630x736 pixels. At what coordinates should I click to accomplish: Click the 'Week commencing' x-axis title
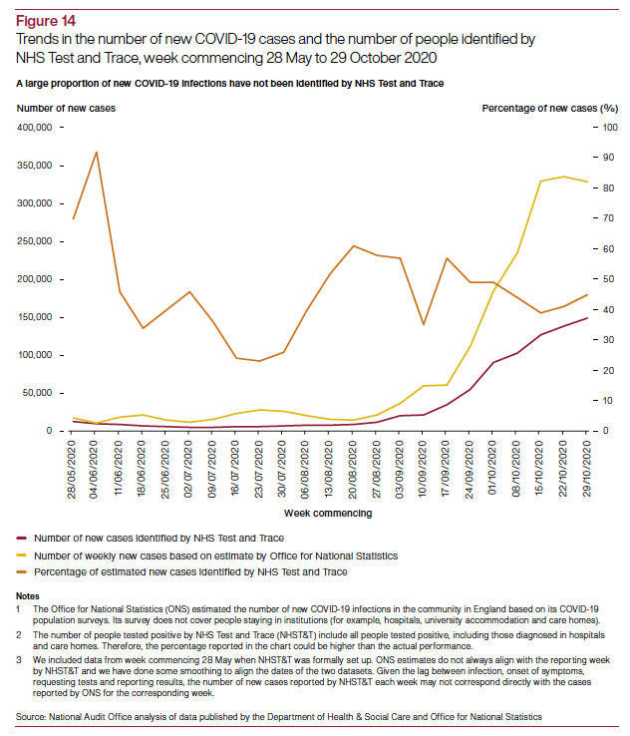tap(328, 513)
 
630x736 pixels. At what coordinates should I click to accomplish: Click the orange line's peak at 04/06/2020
tap(96, 153)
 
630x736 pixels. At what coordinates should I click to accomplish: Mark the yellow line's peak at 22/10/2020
tap(563, 177)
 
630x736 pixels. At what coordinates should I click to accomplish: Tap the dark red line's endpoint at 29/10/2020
tap(586, 318)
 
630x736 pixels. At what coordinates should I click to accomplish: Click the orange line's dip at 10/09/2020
tap(424, 324)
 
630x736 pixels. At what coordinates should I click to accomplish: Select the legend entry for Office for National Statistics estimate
tap(215, 554)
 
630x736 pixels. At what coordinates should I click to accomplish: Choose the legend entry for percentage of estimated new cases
tap(194, 572)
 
